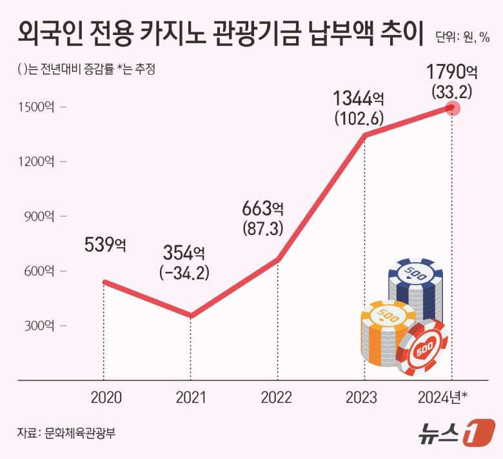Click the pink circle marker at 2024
click(452, 108)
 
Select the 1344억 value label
click(359, 99)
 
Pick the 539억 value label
click(106, 245)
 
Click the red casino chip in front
click(422, 349)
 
